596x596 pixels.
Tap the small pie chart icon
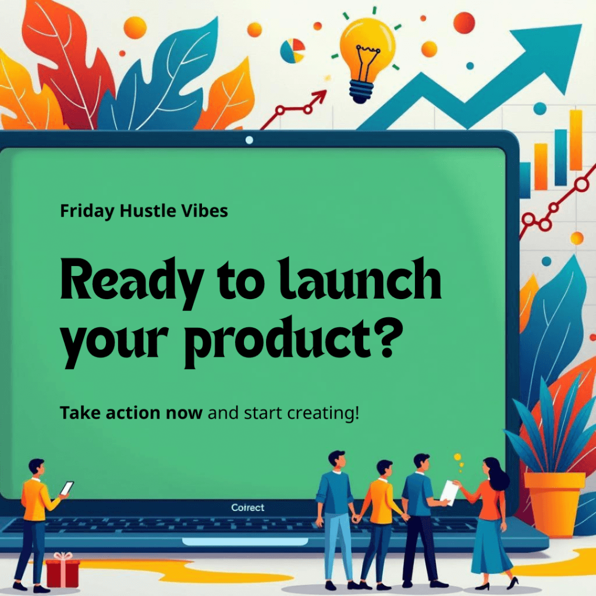click(293, 50)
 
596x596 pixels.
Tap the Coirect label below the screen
click(247, 508)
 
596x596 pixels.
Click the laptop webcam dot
click(249, 140)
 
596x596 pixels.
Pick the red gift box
click(63, 570)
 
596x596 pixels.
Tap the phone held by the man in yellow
click(67, 488)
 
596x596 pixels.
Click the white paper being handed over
click(450, 493)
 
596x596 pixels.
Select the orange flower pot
click(554, 503)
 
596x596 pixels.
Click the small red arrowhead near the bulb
click(320, 97)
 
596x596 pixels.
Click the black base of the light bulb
click(362, 91)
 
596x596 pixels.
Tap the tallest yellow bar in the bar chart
click(576, 140)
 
